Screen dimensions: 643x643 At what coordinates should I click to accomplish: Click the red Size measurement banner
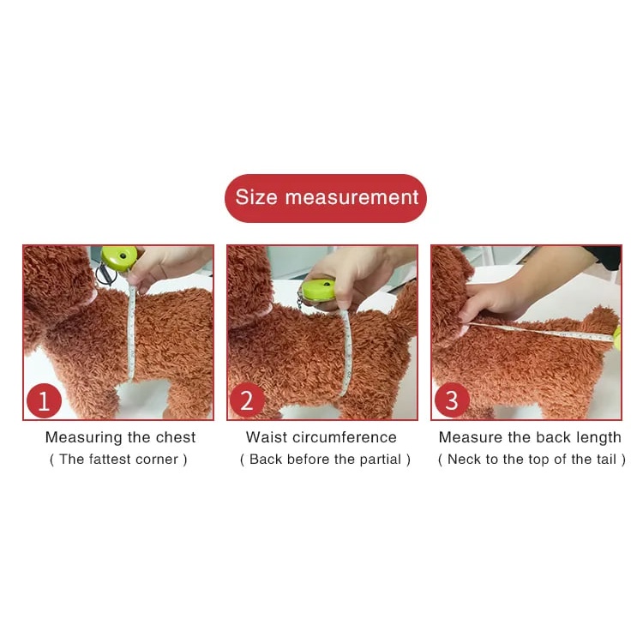click(x=326, y=198)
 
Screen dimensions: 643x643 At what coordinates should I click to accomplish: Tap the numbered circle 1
click(x=44, y=400)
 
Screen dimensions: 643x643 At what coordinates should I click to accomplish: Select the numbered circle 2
click(x=247, y=400)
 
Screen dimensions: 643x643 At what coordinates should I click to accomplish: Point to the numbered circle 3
click(x=452, y=400)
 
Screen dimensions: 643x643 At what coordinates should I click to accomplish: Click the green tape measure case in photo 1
click(x=118, y=257)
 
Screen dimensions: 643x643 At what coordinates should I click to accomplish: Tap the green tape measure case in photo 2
click(x=319, y=289)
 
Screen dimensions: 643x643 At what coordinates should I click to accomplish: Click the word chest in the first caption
click(x=176, y=437)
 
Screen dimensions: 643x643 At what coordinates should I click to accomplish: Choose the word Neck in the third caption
click(x=464, y=460)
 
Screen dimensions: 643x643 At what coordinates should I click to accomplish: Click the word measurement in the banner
click(x=352, y=198)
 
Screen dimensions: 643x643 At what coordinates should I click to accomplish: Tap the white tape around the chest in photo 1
click(x=131, y=333)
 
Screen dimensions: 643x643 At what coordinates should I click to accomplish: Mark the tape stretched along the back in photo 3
click(x=540, y=331)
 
